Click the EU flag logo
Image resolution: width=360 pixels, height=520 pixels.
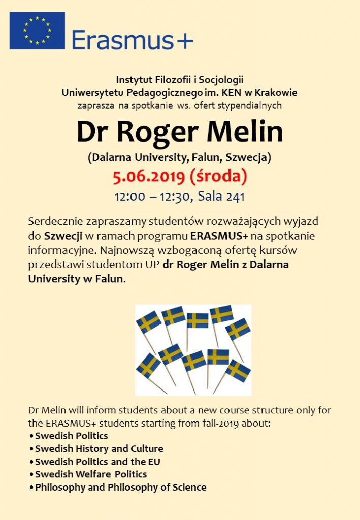tap(37, 30)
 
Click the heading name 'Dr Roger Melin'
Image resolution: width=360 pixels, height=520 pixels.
tap(179, 132)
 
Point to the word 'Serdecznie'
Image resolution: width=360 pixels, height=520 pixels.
tap(57, 222)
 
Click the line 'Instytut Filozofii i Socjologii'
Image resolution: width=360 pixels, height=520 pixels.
tap(180, 80)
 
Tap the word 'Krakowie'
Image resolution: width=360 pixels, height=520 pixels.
tap(275, 92)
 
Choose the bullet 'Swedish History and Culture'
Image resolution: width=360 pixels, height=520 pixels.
tap(99, 449)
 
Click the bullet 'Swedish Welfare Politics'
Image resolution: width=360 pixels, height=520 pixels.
tap(91, 474)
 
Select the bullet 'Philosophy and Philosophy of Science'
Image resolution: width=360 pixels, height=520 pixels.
tap(120, 487)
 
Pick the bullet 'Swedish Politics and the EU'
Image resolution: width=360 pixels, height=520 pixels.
tap(97, 462)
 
